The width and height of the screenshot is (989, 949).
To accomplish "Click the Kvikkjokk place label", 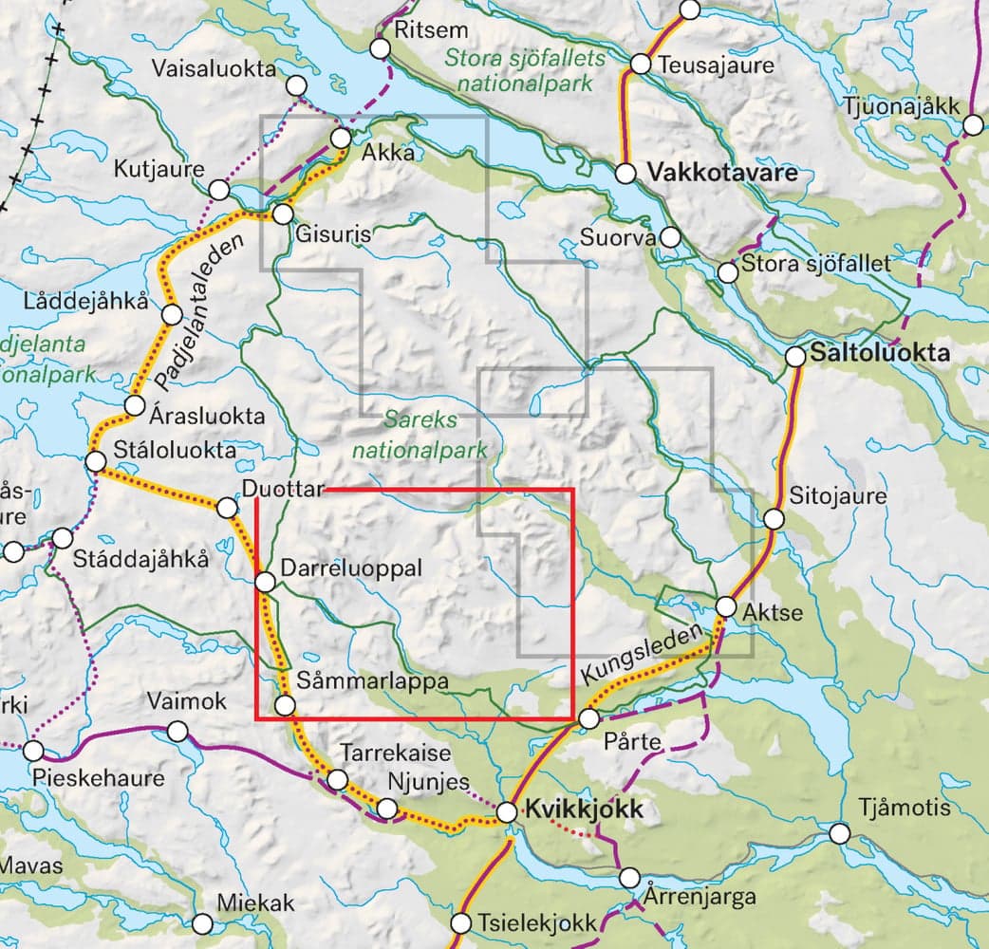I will [584, 810].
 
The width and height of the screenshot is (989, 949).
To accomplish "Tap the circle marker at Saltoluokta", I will [796, 357].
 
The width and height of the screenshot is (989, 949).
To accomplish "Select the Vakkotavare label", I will [721, 173].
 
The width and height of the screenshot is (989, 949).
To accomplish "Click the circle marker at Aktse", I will [726, 605].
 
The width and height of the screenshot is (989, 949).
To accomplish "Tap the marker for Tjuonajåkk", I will [974, 125].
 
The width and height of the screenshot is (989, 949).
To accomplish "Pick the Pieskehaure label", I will [98, 778].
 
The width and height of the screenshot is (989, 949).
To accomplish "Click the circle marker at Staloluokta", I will [95, 461].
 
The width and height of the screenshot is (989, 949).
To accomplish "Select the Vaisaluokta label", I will [214, 68].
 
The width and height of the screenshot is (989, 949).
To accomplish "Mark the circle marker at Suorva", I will [670, 236].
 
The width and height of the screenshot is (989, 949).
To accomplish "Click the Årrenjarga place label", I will [700, 896].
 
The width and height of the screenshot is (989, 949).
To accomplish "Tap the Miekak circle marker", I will [202, 923].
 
